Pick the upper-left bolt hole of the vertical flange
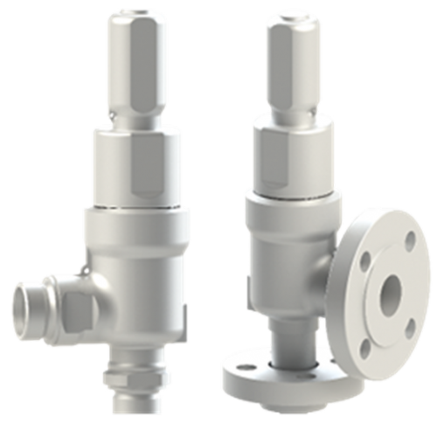(x=365, y=258)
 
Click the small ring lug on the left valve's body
(x=83, y=273)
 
